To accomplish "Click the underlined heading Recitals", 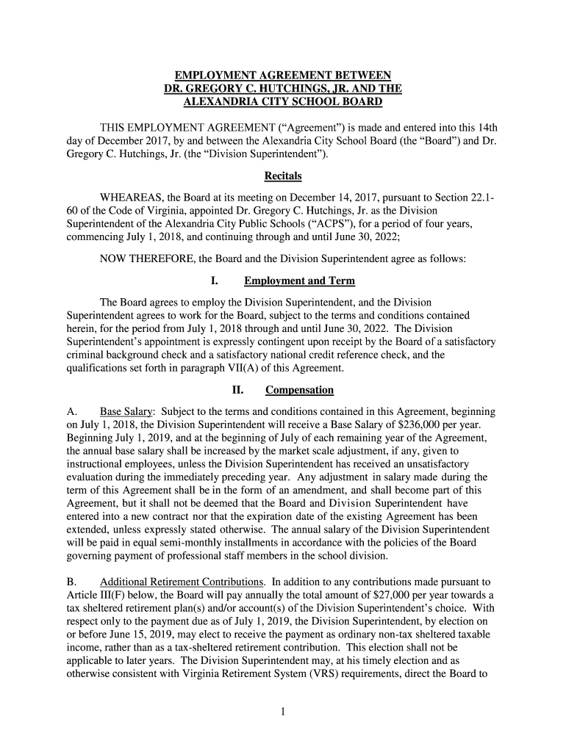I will pos(283,176).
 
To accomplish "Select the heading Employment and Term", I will pos(299,281).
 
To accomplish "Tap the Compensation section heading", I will pos(299,390).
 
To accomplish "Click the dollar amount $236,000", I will pos(419,424).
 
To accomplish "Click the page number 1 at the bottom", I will pos(283,712).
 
